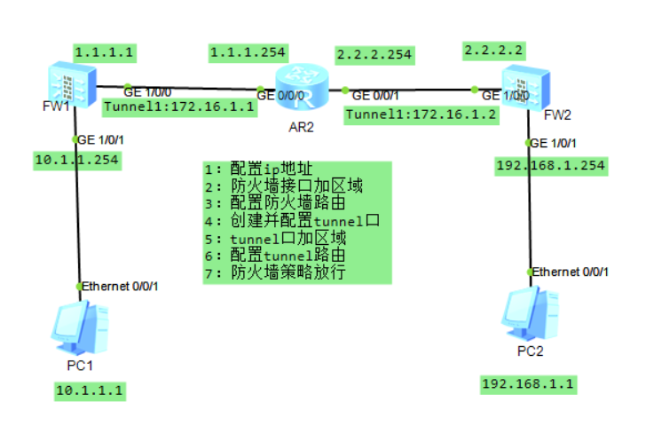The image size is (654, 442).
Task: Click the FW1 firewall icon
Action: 70,85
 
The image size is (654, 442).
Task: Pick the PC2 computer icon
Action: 530,312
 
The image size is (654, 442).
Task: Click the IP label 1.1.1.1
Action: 105,51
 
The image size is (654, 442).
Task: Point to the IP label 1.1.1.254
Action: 247,52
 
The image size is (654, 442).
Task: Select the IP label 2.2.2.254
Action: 374,54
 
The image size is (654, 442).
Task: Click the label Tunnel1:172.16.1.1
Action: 179,107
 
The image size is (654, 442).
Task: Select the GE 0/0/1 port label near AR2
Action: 374,94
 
